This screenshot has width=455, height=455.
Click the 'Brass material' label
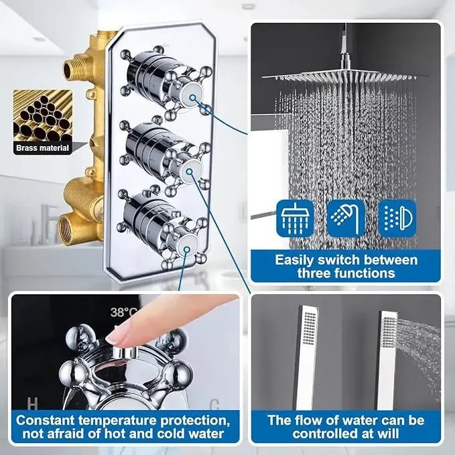43,147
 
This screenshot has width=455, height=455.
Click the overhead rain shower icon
295,218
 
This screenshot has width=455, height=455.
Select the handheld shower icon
346,218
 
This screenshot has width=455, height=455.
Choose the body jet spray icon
397,218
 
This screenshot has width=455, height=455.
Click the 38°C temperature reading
125,312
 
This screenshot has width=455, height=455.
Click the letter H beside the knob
31,403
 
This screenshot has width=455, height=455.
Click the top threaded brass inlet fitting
74,67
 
